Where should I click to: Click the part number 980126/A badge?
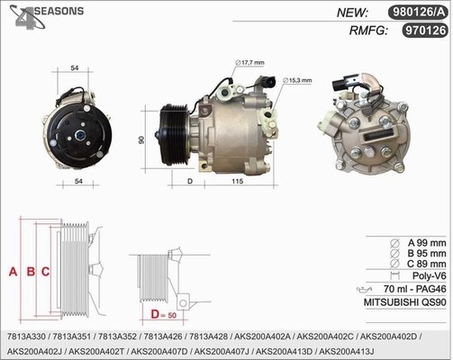[418, 13]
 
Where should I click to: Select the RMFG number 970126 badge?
[425, 31]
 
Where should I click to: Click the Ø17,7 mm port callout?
[249, 62]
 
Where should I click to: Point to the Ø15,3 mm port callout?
[297, 80]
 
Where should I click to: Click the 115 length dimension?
[237, 181]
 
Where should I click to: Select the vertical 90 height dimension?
[141, 139]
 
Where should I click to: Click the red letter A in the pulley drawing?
[13, 272]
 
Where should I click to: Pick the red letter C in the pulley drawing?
[45, 272]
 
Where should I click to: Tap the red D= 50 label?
[164, 315]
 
